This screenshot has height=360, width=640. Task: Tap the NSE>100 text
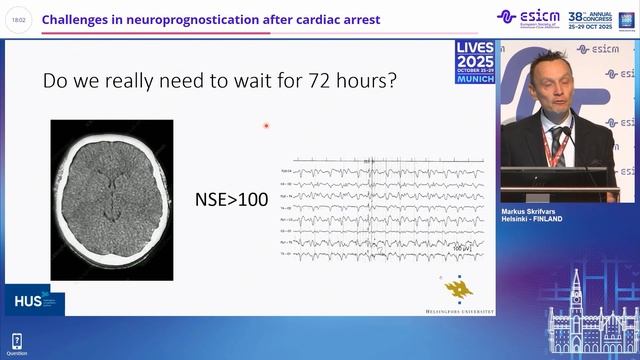[231, 200]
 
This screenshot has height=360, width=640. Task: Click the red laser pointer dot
[266, 126]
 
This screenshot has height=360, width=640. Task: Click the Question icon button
[17, 343]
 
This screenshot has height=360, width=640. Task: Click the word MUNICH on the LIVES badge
[474, 78]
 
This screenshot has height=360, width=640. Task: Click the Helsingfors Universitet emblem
[459, 287]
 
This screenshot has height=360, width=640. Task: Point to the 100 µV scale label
[459, 248]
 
